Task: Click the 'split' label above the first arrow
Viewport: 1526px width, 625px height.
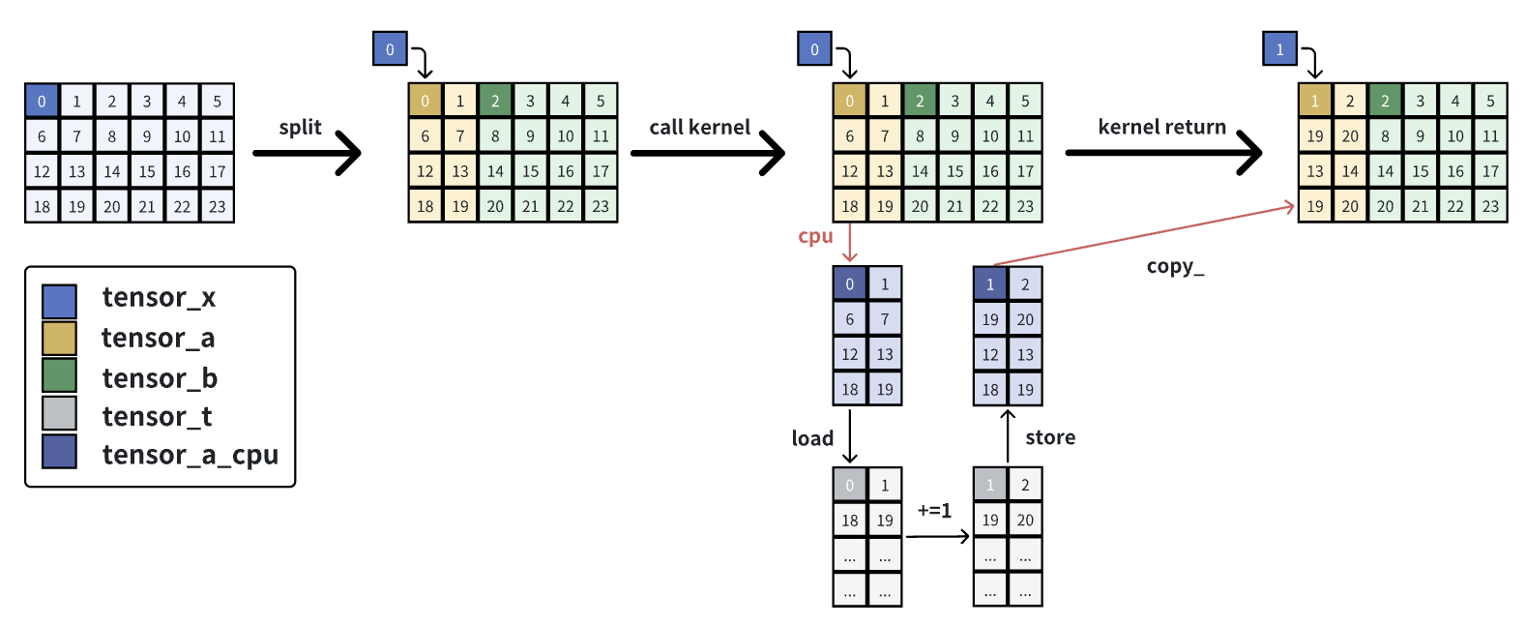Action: click(300, 128)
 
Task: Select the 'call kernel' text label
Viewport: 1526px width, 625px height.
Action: click(699, 128)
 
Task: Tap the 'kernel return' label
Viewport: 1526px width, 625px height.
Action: click(1161, 127)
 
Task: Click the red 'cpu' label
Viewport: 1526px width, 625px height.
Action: click(815, 236)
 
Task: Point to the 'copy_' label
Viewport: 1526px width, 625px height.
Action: click(1175, 266)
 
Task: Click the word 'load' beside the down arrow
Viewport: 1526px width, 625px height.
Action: click(812, 438)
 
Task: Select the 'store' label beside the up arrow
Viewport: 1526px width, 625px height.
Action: click(1050, 437)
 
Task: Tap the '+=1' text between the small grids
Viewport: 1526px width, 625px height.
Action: click(934, 510)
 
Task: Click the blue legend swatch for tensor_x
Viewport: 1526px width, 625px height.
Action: click(59, 302)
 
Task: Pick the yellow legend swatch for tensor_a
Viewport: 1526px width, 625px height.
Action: click(59, 339)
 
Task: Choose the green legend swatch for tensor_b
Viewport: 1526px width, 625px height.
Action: click(59, 376)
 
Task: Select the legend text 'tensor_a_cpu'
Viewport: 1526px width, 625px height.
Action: click(190, 455)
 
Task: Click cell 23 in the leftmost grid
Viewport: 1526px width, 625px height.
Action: click(217, 206)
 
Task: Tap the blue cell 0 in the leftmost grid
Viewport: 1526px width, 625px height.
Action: click(42, 101)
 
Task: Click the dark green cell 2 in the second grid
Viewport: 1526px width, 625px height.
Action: click(495, 101)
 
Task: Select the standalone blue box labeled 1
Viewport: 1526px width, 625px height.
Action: click(1279, 49)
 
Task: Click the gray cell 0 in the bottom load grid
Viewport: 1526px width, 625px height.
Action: click(849, 485)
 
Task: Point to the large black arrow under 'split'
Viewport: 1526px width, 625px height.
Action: click(308, 153)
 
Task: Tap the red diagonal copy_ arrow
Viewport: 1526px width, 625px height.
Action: click(1141, 234)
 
